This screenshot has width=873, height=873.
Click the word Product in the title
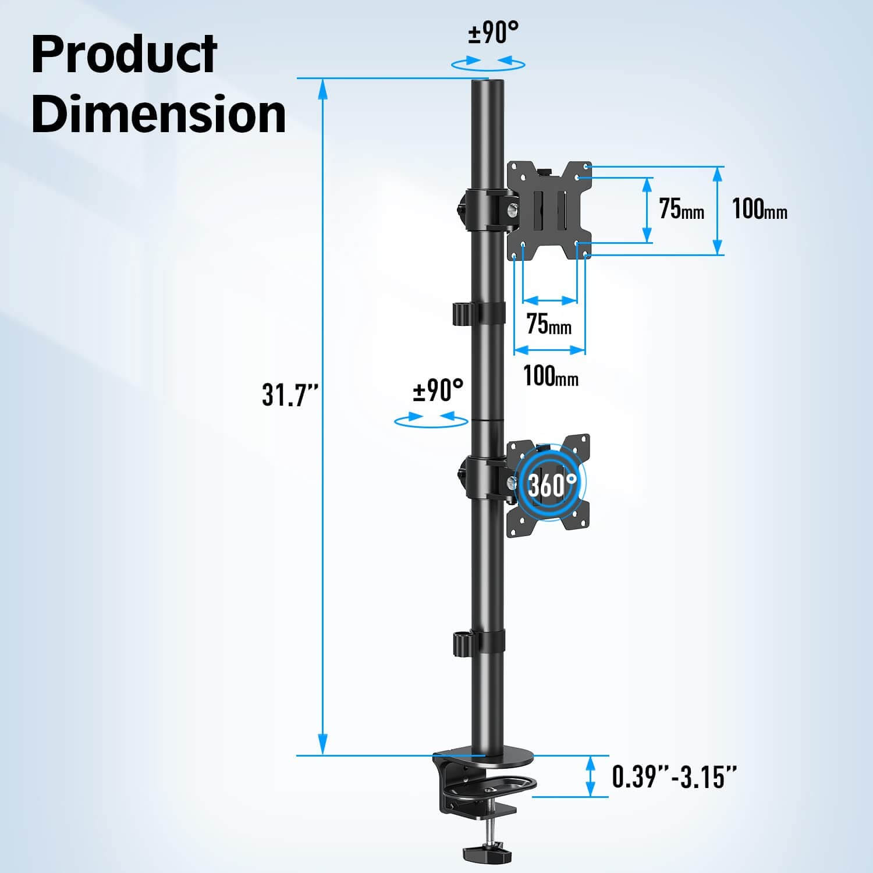[124, 55]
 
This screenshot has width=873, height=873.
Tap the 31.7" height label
[289, 395]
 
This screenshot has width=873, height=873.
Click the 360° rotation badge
[552, 484]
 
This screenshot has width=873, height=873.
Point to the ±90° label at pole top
[493, 33]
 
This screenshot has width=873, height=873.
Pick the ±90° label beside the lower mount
[438, 391]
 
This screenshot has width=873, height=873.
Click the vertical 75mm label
[681, 208]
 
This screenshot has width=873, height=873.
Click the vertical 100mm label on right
[759, 208]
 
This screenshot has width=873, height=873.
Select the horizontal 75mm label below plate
[548, 324]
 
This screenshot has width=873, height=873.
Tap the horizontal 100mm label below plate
[551, 376]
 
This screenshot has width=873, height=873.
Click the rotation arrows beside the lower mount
[431, 420]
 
